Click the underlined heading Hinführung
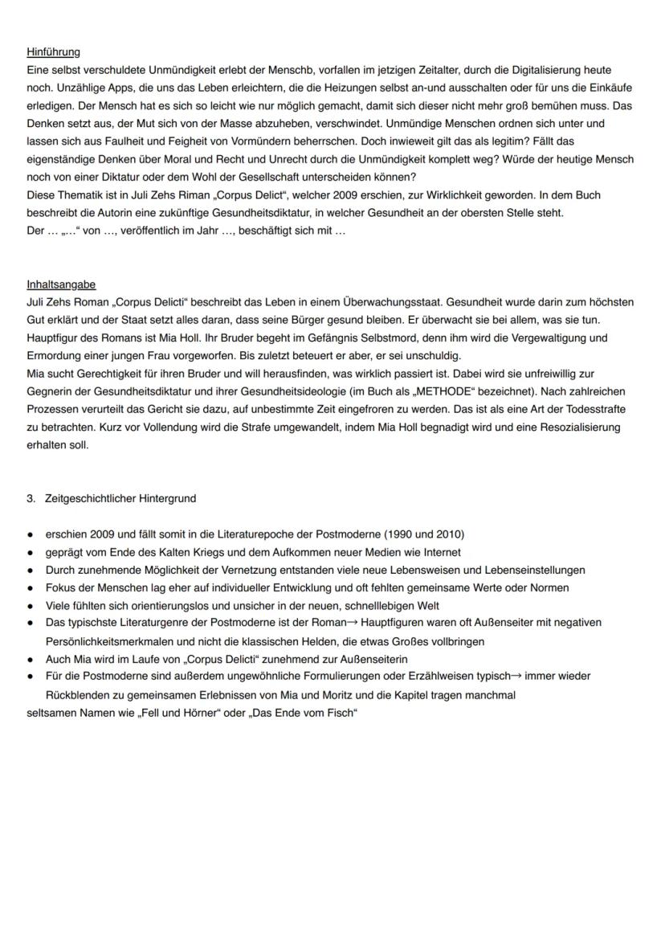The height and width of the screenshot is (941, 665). [53, 52]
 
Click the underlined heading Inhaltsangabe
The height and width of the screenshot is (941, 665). [61, 284]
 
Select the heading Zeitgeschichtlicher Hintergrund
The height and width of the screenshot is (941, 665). [121, 498]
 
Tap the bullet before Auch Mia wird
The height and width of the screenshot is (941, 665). [31, 659]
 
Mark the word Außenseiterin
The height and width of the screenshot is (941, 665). [369, 659]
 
